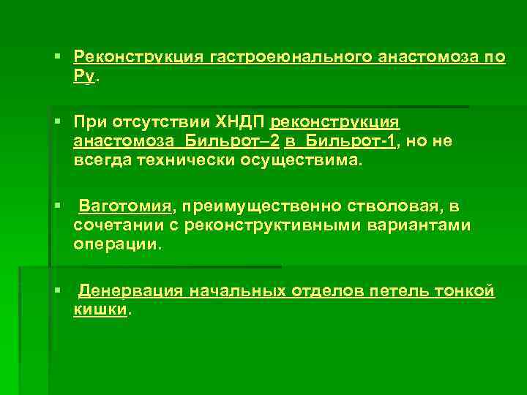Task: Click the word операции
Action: pos(114,244)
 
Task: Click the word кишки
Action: pos(100,309)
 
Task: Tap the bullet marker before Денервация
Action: pos(58,291)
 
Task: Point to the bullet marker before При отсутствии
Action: pos(58,122)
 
